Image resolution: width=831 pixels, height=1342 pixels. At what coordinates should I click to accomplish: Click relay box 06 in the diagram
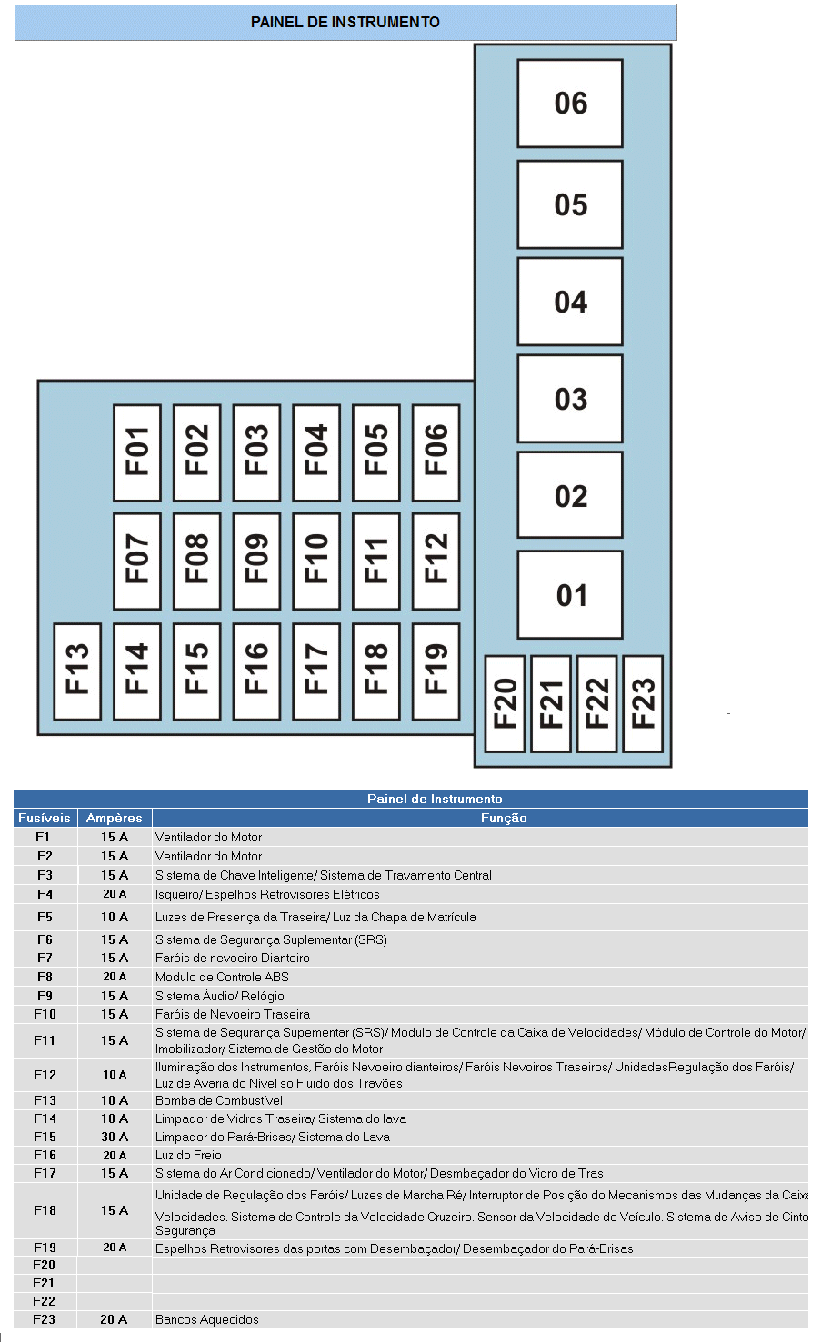tap(570, 104)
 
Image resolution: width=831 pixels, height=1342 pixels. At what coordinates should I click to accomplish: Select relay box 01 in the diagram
tap(570, 595)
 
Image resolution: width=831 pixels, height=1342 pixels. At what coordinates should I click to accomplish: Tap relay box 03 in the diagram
tap(570, 399)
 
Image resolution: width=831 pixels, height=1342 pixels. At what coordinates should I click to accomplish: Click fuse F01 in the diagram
tap(137, 452)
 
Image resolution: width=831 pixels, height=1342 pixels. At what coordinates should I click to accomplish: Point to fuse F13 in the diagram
tap(77, 671)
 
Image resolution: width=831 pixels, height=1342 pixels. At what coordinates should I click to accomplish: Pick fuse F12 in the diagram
tap(436, 561)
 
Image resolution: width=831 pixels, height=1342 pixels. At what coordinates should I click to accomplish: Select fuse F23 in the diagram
tap(643, 703)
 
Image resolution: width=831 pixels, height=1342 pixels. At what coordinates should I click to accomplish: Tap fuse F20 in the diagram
tap(505, 703)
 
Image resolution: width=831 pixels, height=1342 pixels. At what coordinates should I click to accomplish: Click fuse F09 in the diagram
tap(256, 561)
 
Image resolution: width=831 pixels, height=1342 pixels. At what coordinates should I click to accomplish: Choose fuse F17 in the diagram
tap(316, 671)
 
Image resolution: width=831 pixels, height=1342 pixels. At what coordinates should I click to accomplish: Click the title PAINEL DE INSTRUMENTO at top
tap(345, 22)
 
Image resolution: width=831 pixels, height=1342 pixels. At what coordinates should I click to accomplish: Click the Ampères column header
tap(115, 818)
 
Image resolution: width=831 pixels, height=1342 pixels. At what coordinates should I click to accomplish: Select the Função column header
tap(504, 818)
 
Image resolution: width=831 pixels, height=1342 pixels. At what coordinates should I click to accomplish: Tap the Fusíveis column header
tap(45, 818)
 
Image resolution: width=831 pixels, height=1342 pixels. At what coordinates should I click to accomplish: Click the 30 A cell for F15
tap(115, 1137)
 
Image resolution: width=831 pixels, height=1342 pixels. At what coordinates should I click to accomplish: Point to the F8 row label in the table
tap(45, 977)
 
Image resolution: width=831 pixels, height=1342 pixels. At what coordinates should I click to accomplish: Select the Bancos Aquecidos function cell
tap(207, 1319)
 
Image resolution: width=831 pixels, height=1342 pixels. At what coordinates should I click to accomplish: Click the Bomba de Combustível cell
tap(219, 1100)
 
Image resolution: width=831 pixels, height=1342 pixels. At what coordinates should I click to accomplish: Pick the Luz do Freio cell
tap(188, 1155)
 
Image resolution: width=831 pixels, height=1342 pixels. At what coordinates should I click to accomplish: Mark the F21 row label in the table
tap(45, 1283)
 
